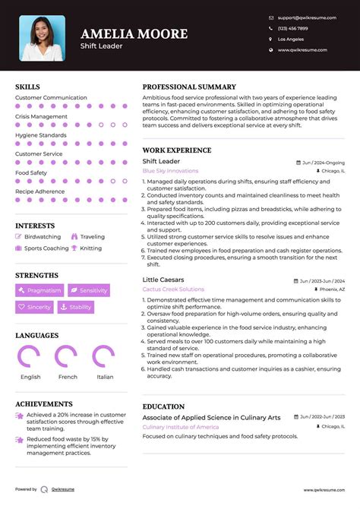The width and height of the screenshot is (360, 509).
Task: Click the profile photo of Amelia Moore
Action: coord(42,38)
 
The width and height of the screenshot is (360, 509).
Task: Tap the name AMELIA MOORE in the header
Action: coord(134,34)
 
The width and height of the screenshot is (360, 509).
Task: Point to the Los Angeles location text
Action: coord(291,39)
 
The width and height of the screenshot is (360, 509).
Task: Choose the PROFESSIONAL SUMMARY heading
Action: coord(189,87)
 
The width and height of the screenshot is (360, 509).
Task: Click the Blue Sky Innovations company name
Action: coord(170,171)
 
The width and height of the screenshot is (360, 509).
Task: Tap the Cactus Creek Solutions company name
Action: coord(173,289)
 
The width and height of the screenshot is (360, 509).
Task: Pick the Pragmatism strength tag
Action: coord(39,291)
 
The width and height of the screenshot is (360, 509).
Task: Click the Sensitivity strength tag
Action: coord(89,291)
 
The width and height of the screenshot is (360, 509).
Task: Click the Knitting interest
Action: coord(90,248)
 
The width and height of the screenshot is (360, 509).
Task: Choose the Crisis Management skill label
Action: coord(41,116)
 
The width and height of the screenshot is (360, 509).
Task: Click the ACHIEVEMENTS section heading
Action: coord(44,404)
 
